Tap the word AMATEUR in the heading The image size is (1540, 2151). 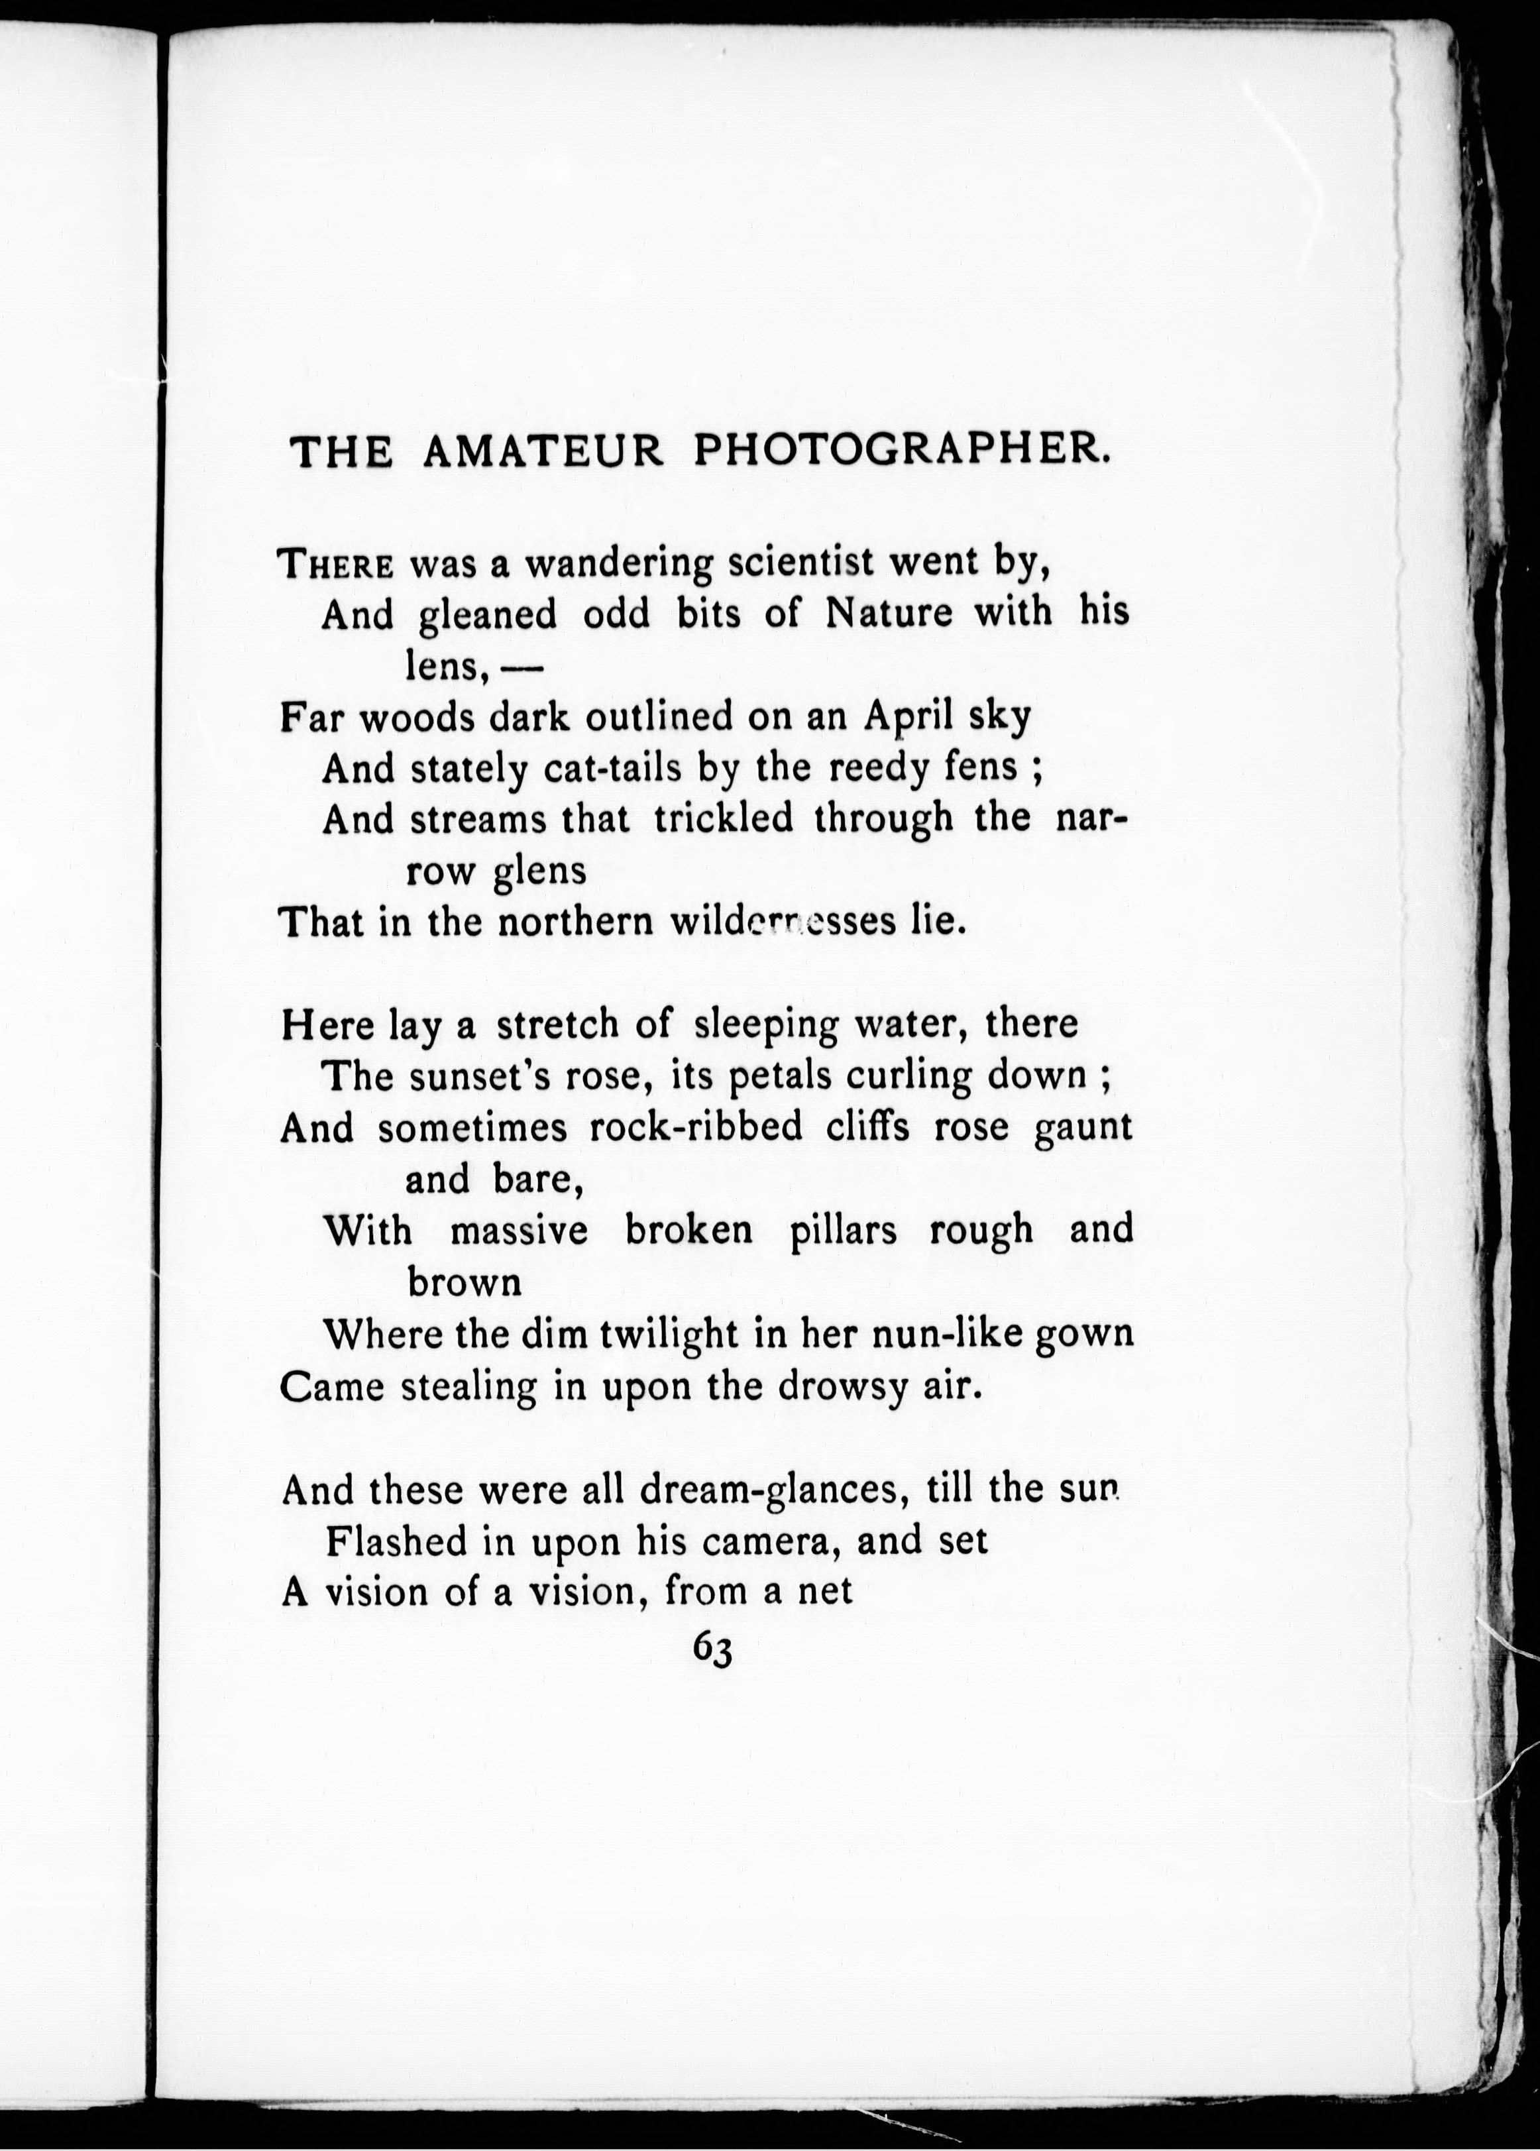[x=543, y=451]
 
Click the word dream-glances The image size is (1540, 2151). [x=768, y=1490]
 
